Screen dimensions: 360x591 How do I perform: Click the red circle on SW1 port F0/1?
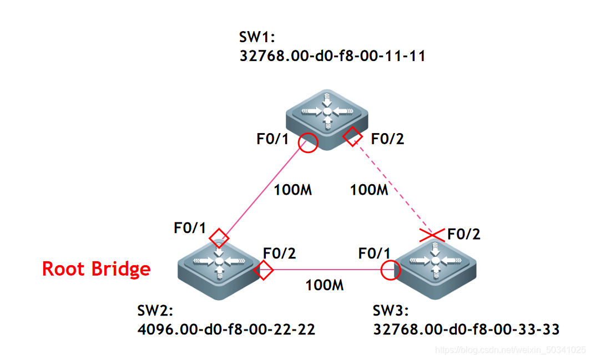click(x=308, y=143)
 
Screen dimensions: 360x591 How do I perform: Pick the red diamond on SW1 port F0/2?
click(x=352, y=136)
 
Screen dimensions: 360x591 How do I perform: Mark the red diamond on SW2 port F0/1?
click(x=219, y=237)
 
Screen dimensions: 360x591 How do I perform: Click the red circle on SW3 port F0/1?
click(x=391, y=270)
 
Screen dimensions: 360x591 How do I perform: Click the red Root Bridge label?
click(x=97, y=269)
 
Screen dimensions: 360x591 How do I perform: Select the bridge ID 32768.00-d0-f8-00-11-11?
click(x=332, y=55)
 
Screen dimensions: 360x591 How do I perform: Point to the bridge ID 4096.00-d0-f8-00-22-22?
click(x=226, y=330)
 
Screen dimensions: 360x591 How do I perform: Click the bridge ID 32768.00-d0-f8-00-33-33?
click(x=466, y=330)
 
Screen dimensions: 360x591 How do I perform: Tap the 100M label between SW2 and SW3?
click(x=325, y=286)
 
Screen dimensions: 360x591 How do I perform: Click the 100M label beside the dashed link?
click(x=368, y=190)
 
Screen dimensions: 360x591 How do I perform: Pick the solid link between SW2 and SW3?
click(x=327, y=270)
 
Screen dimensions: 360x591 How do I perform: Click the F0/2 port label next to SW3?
click(x=463, y=234)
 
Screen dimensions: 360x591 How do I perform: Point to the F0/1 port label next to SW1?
click(x=273, y=139)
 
